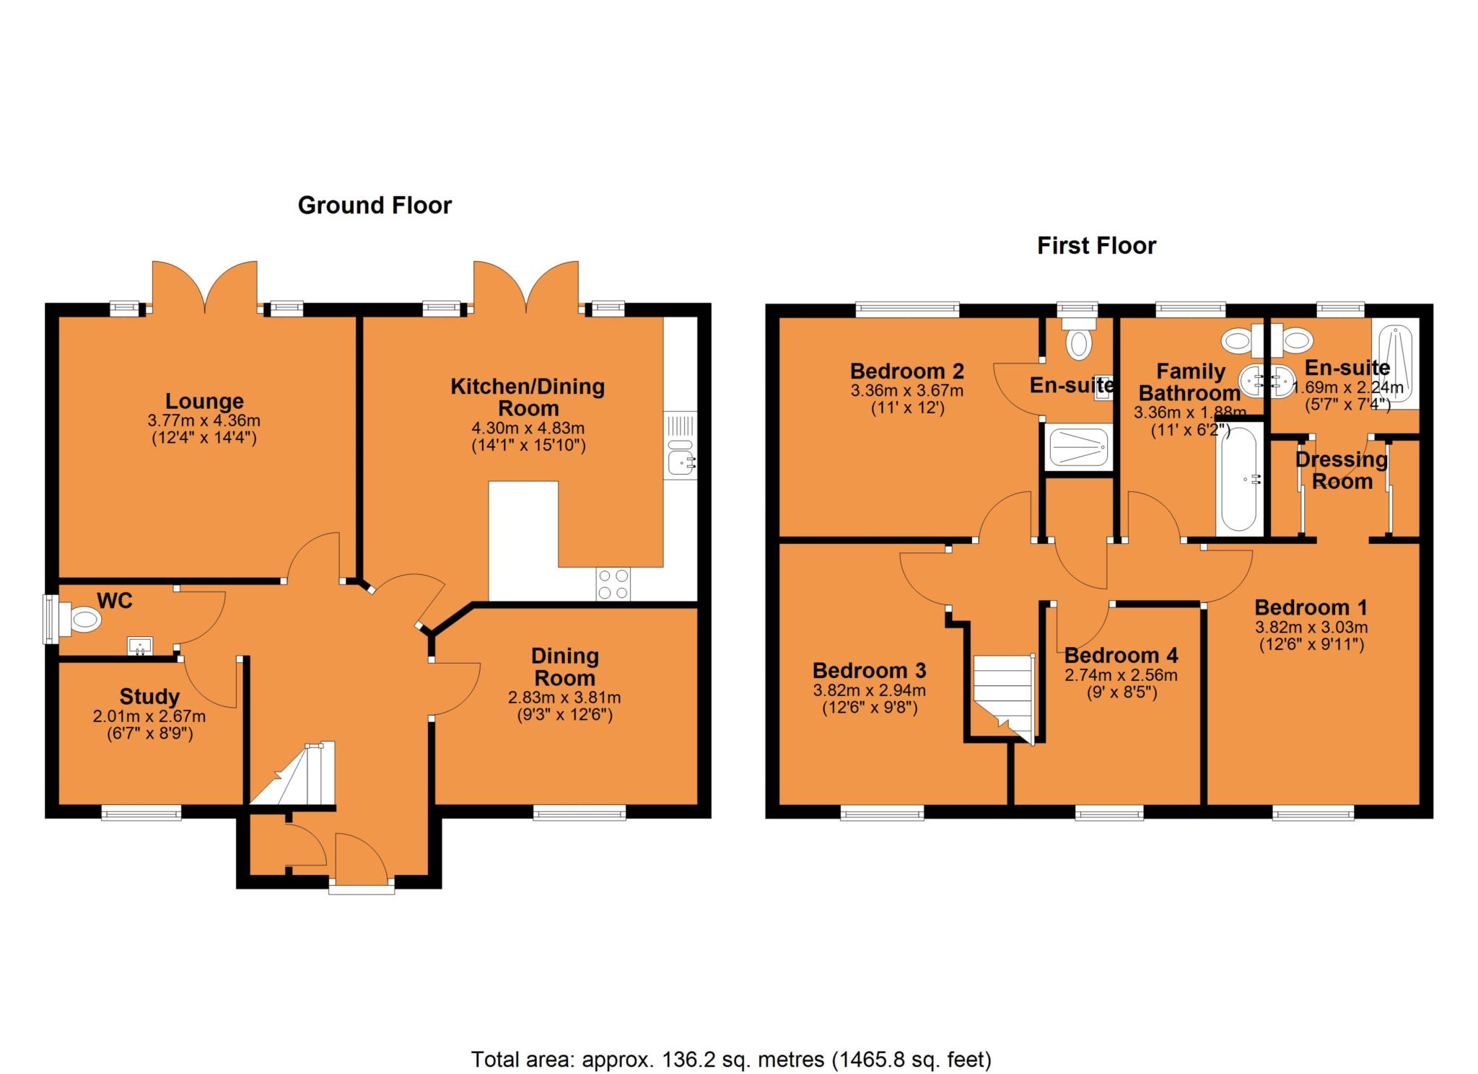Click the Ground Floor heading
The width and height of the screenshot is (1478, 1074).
click(x=375, y=206)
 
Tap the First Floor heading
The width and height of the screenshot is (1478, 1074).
click(x=1096, y=246)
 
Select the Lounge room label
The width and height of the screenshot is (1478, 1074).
click(x=204, y=401)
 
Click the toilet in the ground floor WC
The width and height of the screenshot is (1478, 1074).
click(x=83, y=619)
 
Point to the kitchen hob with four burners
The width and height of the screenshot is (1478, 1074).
click(x=613, y=584)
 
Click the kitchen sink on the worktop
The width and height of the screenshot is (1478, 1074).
click(x=681, y=459)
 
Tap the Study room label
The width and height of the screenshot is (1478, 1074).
click(x=149, y=697)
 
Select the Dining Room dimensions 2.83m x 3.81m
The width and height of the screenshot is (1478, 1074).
click(x=564, y=697)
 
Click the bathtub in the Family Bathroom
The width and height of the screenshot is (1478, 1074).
click(x=1238, y=479)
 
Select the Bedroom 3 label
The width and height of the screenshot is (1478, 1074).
click(x=869, y=671)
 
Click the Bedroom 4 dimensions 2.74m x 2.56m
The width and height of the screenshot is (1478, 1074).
click(x=1121, y=676)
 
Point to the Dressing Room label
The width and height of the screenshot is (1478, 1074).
click(x=1342, y=470)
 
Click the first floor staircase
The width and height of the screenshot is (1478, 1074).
click(x=1003, y=696)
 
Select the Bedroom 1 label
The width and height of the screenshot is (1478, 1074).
click(x=1311, y=607)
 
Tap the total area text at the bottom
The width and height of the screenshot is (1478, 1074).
click(x=731, y=1060)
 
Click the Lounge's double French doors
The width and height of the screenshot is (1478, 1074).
click(x=205, y=289)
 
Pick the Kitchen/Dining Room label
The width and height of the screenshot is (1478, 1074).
click(x=528, y=397)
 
